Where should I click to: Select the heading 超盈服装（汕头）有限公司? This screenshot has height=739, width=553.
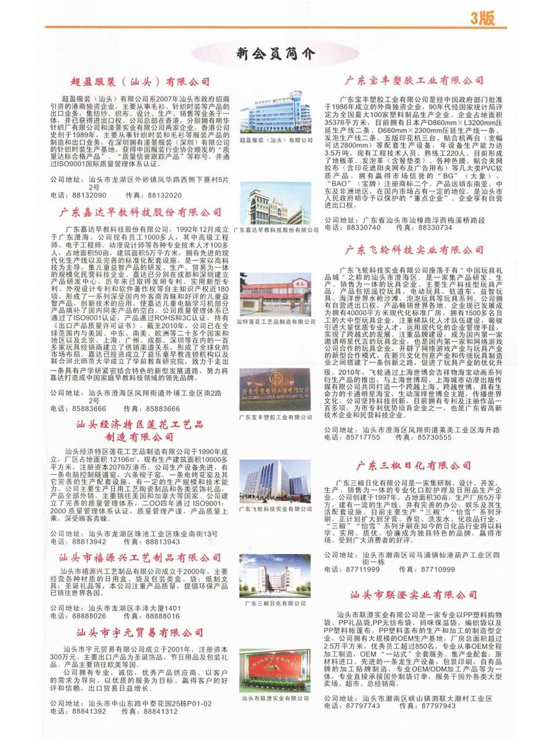140,81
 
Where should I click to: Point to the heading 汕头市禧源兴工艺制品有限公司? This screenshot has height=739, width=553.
140,558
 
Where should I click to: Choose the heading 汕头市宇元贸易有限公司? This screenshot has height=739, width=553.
140,632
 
